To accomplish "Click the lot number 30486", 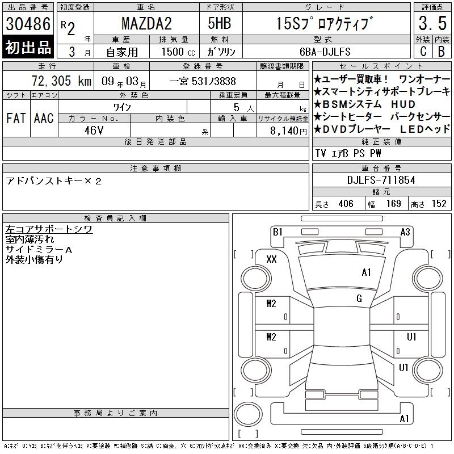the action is click(28, 23).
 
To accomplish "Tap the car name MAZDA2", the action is click(146, 23).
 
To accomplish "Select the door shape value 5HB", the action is click(220, 23).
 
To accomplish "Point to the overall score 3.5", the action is click(432, 23).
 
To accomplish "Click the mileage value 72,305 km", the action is click(61, 81).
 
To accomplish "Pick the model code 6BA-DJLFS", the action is click(325, 52).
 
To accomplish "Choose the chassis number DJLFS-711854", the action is click(381, 180).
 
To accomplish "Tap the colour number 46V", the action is click(94, 131).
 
